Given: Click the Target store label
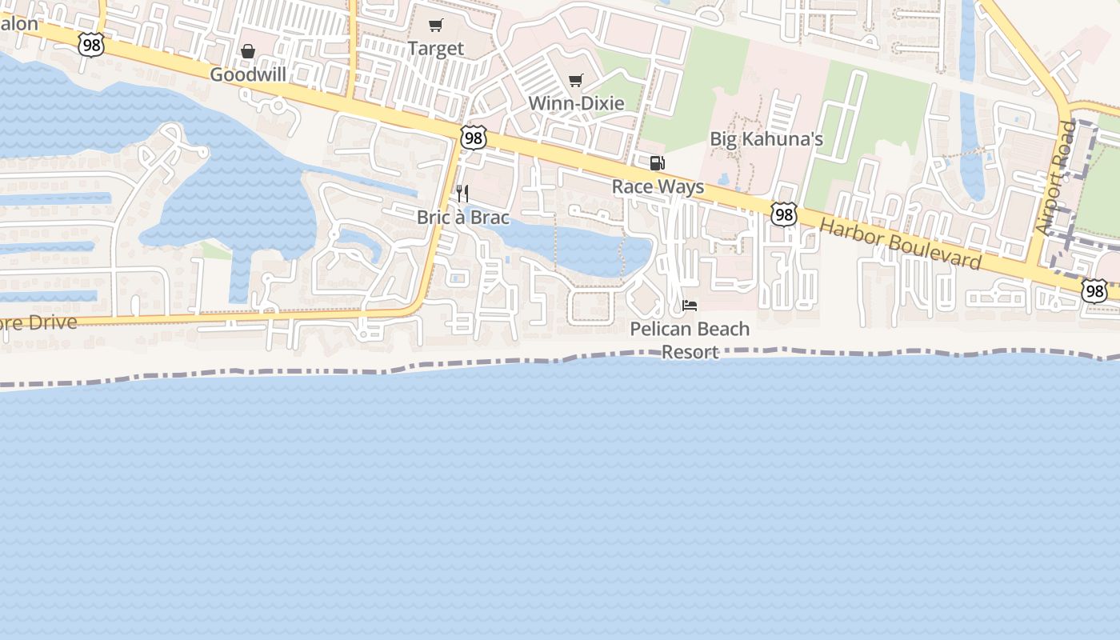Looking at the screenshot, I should click(x=435, y=49).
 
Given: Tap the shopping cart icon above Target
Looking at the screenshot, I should click(x=435, y=26).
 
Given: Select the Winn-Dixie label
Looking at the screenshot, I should click(x=576, y=104).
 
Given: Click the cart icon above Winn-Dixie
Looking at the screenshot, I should click(x=575, y=81).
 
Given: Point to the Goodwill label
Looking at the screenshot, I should click(x=248, y=74).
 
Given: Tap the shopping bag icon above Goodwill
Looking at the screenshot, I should click(x=248, y=51).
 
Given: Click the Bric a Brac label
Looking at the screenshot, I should click(x=462, y=218).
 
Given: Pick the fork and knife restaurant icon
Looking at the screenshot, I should click(x=462, y=194).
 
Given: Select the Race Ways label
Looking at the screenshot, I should click(x=658, y=187).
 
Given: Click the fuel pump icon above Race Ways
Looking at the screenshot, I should click(x=657, y=164).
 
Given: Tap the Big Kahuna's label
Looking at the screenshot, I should click(x=766, y=139).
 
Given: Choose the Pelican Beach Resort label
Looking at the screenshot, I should click(x=690, y=340).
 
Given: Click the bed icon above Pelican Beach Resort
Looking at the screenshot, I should click(x=690, y=306).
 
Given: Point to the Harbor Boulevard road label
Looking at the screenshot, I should click(x=901, y=244).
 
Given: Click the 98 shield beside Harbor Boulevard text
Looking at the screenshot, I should click(x=784, y=214).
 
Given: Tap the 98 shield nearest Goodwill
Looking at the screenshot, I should click(x=91, y=46).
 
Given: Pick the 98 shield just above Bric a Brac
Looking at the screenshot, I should click(x=474, y=138).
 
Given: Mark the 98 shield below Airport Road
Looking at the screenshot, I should click(x=1094, y=290).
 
